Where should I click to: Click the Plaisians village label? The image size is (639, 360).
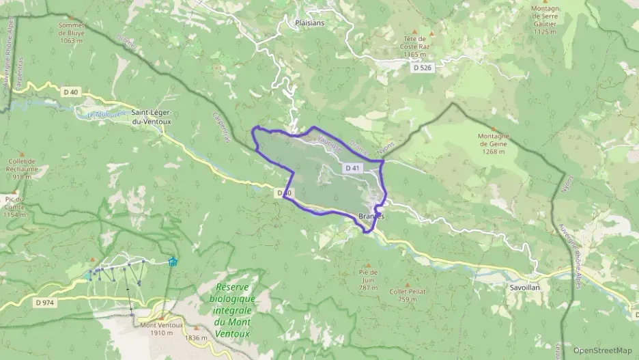click(x=310, y=23)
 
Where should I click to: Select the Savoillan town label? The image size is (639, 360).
click(x=525, y=288)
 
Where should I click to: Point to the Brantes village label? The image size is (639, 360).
click(x=371, y=216)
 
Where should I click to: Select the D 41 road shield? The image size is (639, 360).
click(x=352, y=167)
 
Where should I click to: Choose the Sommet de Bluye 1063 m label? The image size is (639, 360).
click(x=71, y=33)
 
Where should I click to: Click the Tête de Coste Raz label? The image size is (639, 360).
click(x=414, y=46)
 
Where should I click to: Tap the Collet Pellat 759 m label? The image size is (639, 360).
click(x=408, y=295)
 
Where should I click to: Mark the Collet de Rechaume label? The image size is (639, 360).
click(x=23, y=169)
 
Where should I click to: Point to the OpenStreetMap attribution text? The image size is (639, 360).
click(x=602, y=350)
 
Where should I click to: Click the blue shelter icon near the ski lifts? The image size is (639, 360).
click(x=172, y=260)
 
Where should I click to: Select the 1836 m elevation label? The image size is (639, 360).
click(x=196, y=337)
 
